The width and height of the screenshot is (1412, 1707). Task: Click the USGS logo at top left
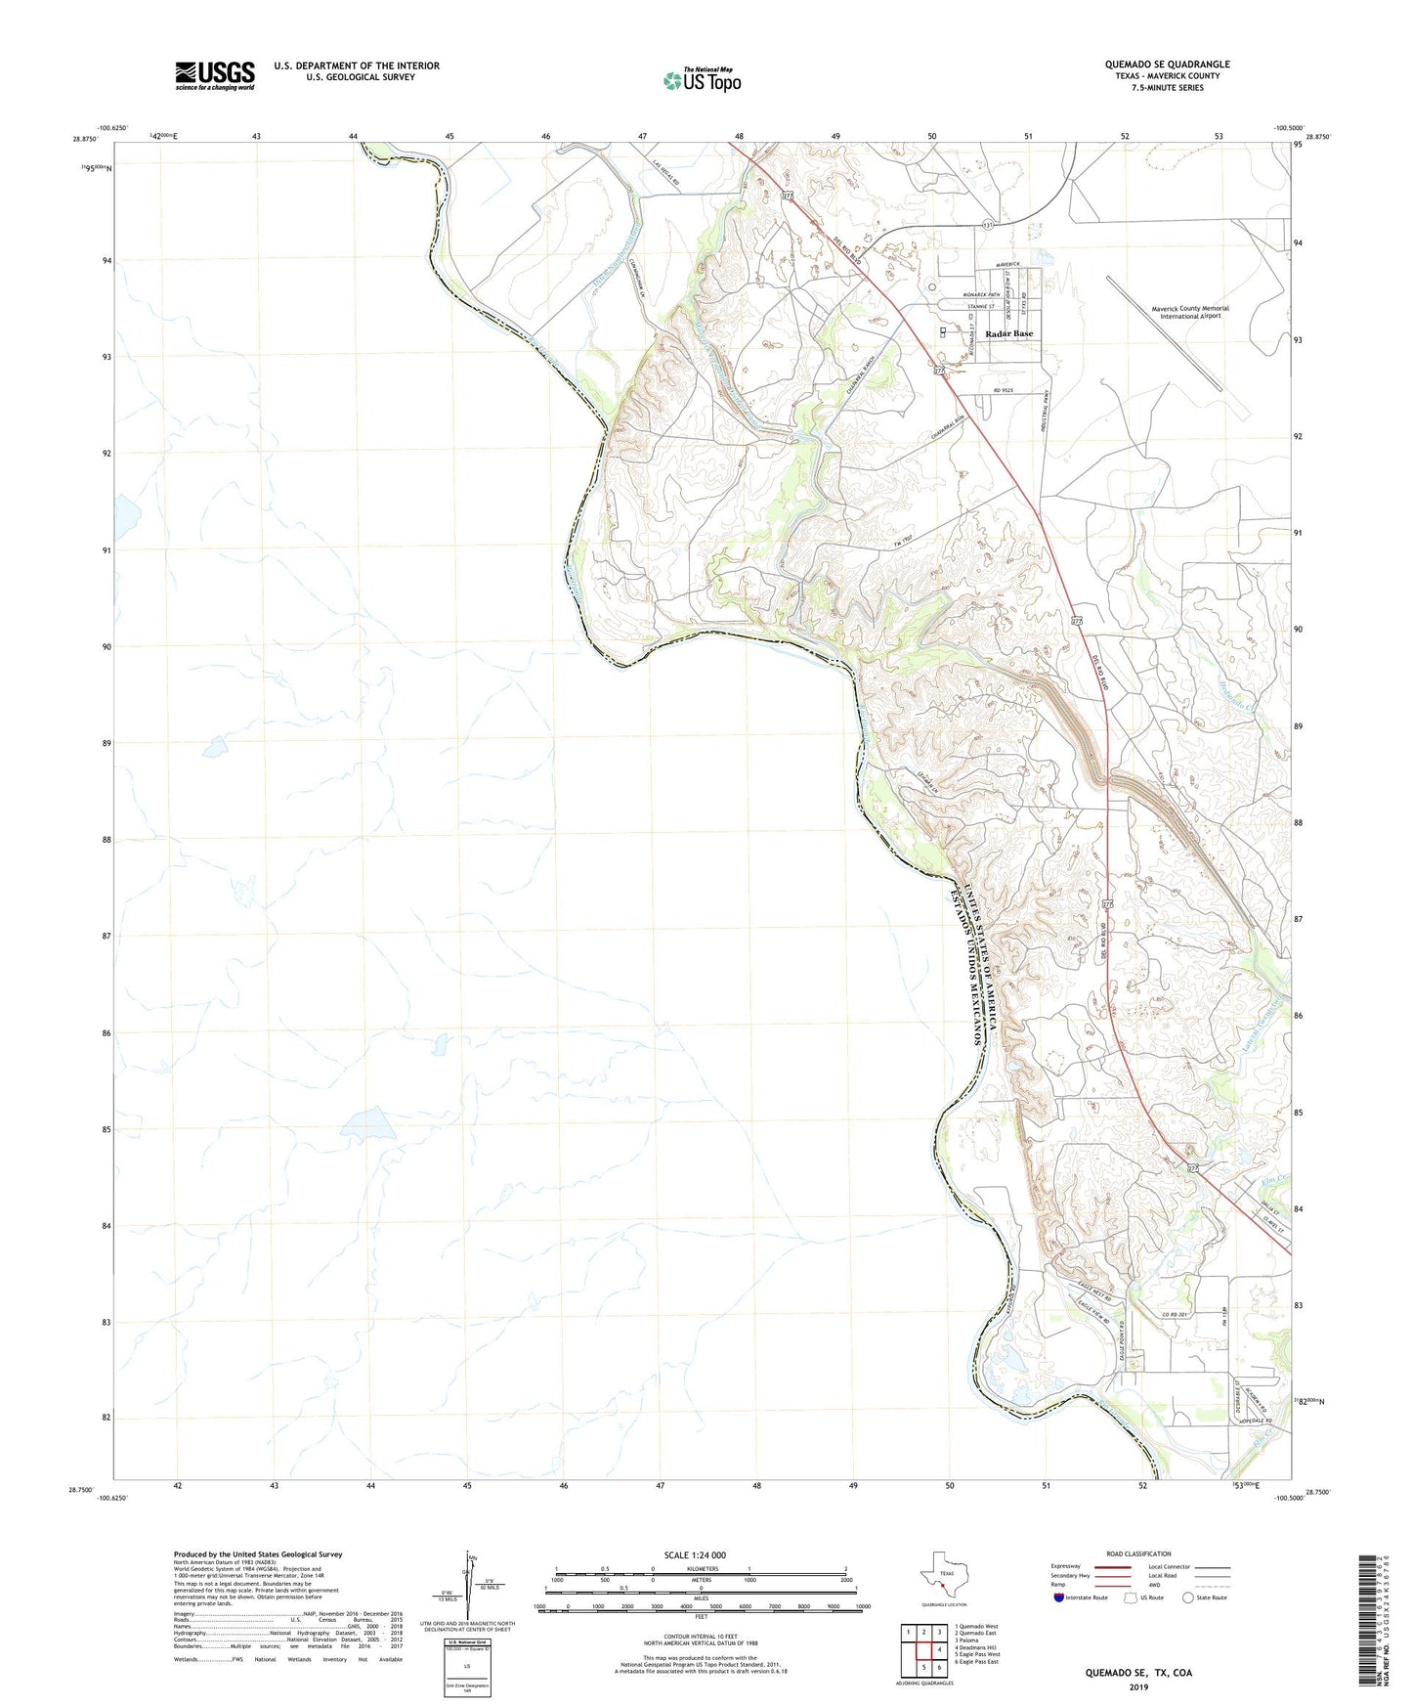point(215,75)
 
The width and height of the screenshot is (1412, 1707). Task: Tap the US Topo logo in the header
point(701,79)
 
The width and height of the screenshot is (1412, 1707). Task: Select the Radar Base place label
point(1008,333)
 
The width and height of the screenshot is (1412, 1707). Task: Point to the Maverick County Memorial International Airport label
point(1189,312)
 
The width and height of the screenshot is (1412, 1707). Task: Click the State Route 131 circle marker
point(988,225)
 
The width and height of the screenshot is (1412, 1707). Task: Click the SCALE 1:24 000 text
point(694,1554)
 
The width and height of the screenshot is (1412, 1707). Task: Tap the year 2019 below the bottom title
point(1138,1687)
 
